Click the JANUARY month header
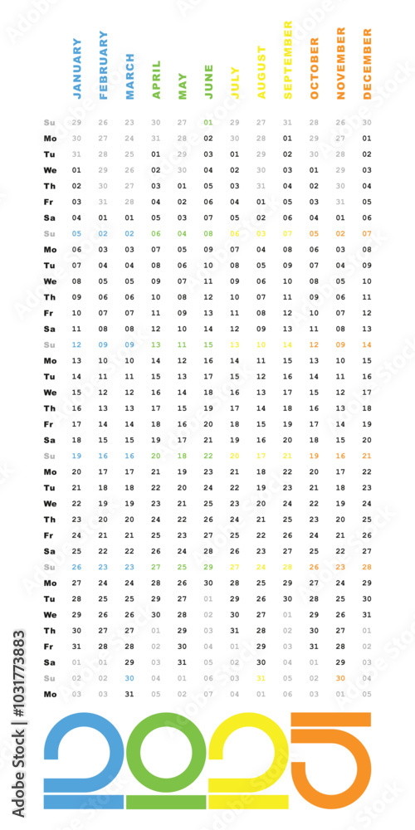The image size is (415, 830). tap(77, 69)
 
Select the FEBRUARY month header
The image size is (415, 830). tap(104, 66)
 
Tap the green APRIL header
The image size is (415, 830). tap(156, 80)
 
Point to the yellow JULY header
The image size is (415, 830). tap(235, 83)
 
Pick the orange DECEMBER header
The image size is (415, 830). tap(367, 64)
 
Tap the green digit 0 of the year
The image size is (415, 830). tap(166, 759)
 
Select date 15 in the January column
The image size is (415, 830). tap(76, 392)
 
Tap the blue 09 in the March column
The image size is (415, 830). tap(129, 344)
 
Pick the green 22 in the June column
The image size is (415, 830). tap(208, 456)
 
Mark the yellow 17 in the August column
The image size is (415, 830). tap(261, 456)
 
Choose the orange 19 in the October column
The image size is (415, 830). tap(314, 456)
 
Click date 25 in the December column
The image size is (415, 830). tap(367, 519)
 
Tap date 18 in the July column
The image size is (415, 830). tap(235, 424)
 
